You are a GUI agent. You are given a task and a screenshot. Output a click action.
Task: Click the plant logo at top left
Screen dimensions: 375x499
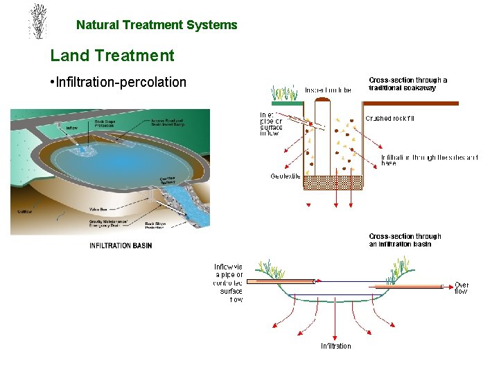coord(39,21)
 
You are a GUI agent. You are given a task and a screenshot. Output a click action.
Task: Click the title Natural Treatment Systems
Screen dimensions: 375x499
coord(157,25)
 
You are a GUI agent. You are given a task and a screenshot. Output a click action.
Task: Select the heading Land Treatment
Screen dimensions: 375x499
coord(112,55)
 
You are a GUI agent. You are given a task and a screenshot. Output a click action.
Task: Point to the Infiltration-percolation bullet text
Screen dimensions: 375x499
coord(121,83)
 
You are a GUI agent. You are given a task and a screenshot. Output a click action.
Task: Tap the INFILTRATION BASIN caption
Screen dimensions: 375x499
coord(121,245)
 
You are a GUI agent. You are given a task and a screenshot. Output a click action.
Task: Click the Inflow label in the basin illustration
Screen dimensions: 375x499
coord(72,128)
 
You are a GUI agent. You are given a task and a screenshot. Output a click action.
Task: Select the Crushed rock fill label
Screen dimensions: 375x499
coord(389,118)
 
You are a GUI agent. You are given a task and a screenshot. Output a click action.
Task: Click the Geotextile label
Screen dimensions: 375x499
coord(286,176)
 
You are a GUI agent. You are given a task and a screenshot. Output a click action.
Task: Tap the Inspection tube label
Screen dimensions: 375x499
coord(329,90)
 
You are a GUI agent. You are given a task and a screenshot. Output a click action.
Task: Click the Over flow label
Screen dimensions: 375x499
coord(461,288)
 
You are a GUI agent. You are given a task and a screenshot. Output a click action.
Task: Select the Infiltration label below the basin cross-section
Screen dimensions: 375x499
coord(335,346)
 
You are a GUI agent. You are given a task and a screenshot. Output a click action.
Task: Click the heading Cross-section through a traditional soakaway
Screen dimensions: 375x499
coord(408,84)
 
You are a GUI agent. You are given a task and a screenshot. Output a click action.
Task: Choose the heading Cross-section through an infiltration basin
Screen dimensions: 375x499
coord(405,240)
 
